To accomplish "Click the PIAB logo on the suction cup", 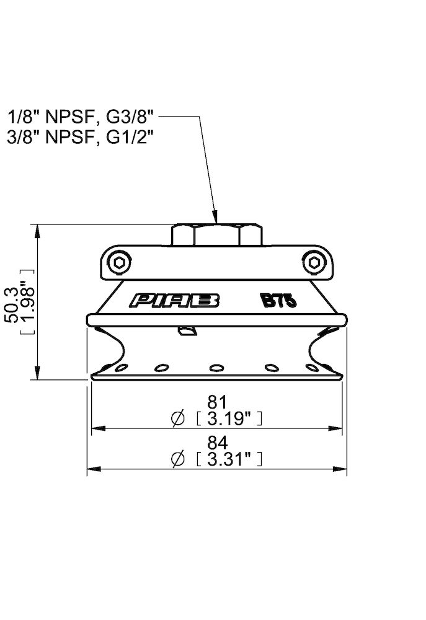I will click(x=175, y=301).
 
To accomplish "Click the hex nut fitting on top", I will click(x=216, y=234).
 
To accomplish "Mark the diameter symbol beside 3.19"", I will click(x=177, y=419).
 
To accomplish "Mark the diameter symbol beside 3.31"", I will click(x=177, y=459).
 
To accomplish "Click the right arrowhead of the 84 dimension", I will click(x=343, y=469).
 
